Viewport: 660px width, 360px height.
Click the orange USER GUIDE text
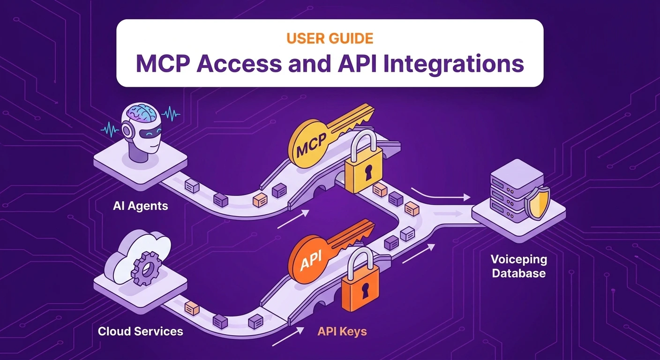click(x=330, y=38)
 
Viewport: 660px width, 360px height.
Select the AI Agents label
click(x=140, y=206)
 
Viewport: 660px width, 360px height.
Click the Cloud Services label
click(x=140, y=331)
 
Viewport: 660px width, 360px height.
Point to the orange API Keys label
click(x=342, y=331)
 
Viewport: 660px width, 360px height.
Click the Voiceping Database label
click(x=518, y=266)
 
